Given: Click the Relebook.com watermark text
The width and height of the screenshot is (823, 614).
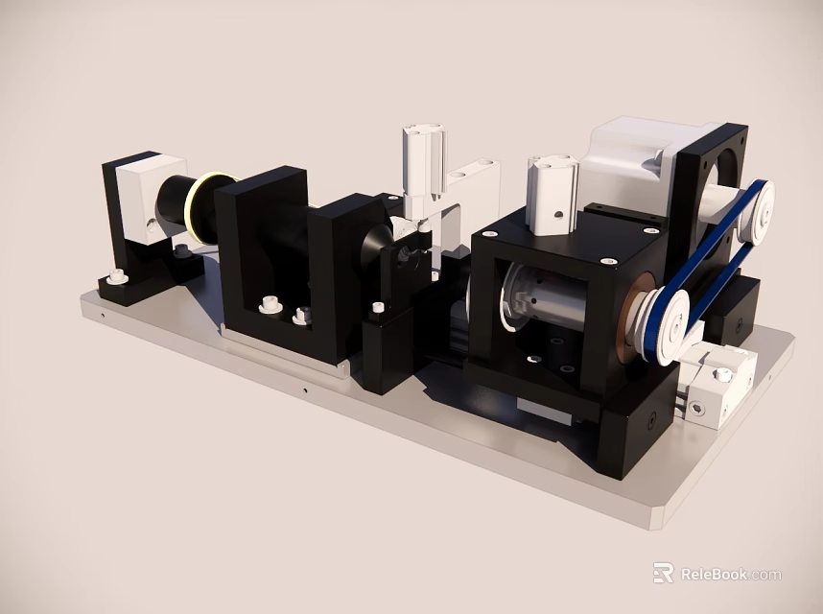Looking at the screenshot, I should click(729, 575).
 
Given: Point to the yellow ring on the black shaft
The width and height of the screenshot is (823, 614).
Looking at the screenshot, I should click(203, 206).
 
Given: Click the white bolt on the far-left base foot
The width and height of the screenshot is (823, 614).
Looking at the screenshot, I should click(118, 276).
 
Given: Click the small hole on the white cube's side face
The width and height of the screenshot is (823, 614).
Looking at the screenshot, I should click(150, 223).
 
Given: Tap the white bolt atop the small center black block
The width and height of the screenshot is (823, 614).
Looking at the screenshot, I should click(377, 308).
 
